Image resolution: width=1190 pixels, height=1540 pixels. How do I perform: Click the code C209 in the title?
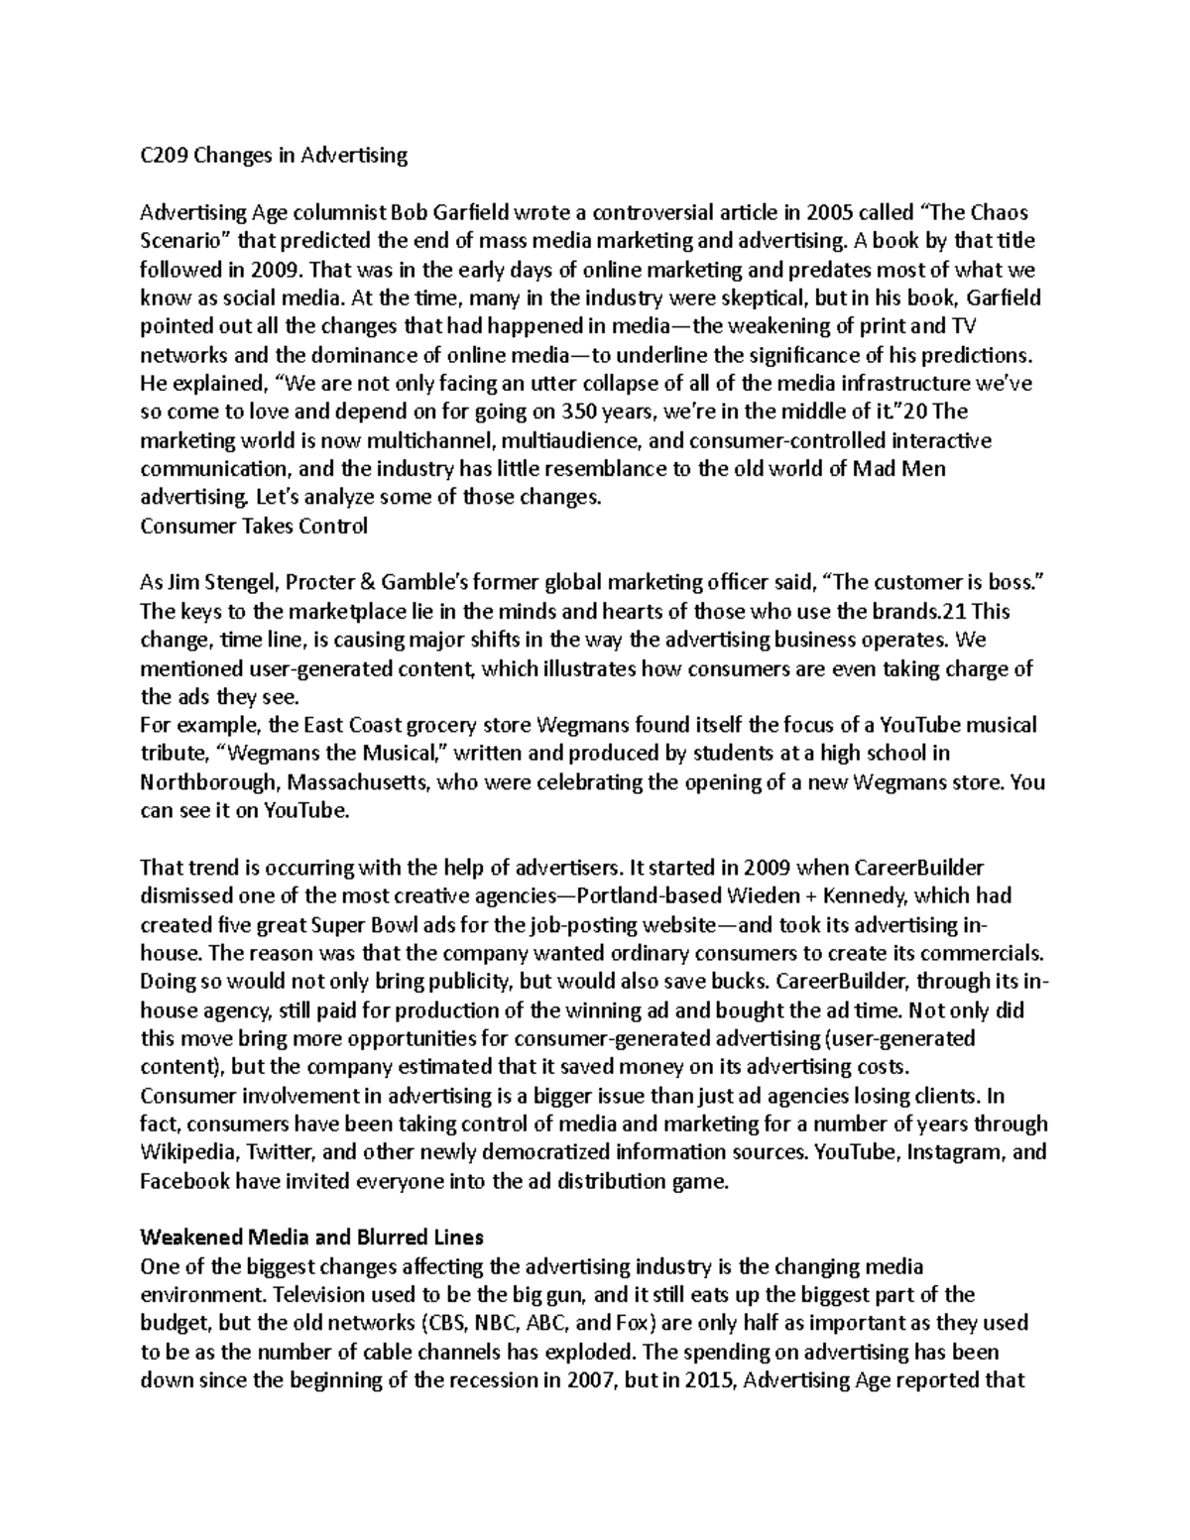pos(163,155)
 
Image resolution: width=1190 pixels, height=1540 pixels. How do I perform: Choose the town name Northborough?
pos(210,783)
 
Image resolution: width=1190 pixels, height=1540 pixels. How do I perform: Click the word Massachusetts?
pos(359,783)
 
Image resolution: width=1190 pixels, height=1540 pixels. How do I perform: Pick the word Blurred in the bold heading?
pos(365,1239)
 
